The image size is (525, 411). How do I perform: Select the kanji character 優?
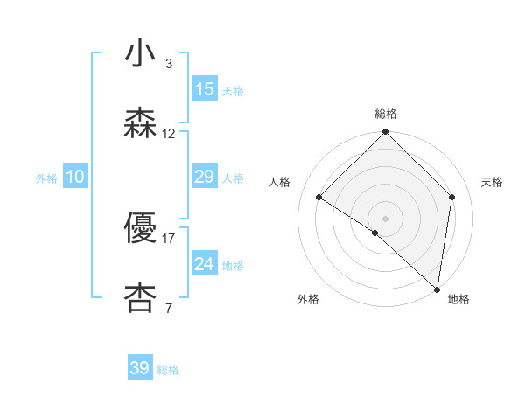(x=140, y=227)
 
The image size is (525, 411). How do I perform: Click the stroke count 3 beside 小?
(x=168, y=64)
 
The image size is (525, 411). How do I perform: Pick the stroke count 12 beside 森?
(x=169, y=134)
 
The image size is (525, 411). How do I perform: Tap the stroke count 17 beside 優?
(x=169, y=238)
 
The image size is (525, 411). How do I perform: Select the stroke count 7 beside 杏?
(x=168, y=308)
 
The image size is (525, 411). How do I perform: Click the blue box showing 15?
(x=204, y=89)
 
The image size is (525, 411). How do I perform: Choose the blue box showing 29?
(x=204, y=177)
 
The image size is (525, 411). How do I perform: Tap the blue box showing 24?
(x=204, y=264)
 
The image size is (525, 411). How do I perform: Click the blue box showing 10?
(x=75, y=177)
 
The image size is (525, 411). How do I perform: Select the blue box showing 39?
(x=140, y=368)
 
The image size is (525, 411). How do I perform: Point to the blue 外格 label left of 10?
(x=46, y=178)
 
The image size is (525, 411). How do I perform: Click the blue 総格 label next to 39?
(x=168, y=370)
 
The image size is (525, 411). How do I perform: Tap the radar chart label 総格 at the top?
(x=385, y=114)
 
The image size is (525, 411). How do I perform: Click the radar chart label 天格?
(x=492, y=182)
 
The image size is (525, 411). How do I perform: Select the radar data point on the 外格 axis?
(x=375, y=233)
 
